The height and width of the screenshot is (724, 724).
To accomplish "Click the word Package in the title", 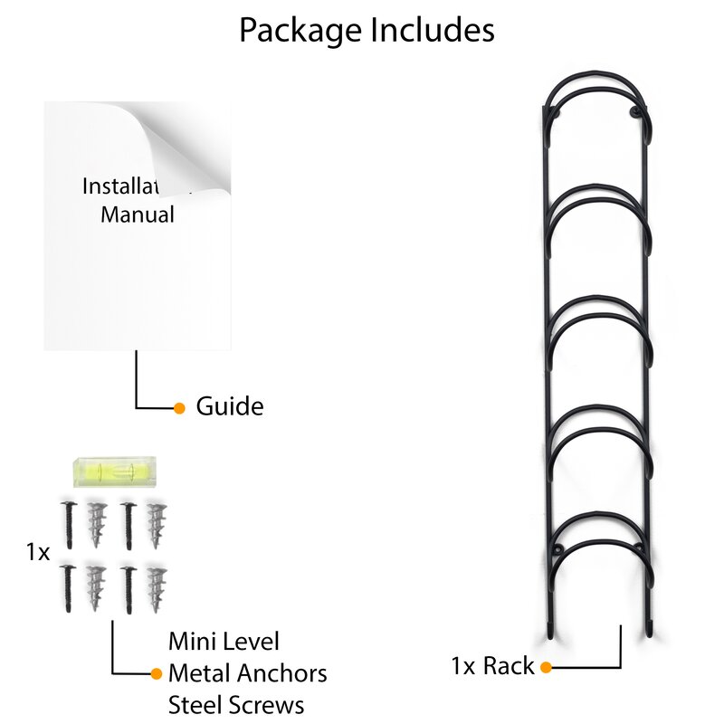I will tap(298, 30).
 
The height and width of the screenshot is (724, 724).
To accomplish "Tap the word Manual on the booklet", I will tap(137, 214).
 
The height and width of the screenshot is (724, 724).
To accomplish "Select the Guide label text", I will tap(230, 406).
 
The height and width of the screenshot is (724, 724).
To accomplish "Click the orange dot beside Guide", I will tap(179, 407).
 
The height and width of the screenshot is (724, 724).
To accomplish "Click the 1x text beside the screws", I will tap(37, 552).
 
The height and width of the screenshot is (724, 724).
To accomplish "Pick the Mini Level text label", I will tap(224, 642).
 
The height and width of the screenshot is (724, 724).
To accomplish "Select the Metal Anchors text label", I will tap(247, 673).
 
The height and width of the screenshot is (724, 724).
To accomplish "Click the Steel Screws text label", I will tap(236, 704).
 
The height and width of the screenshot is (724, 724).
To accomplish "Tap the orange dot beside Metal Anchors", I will tap(156, 673).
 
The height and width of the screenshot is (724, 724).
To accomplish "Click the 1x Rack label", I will tap(493, 666).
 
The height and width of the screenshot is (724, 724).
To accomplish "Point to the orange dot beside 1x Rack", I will tap(546, 667).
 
